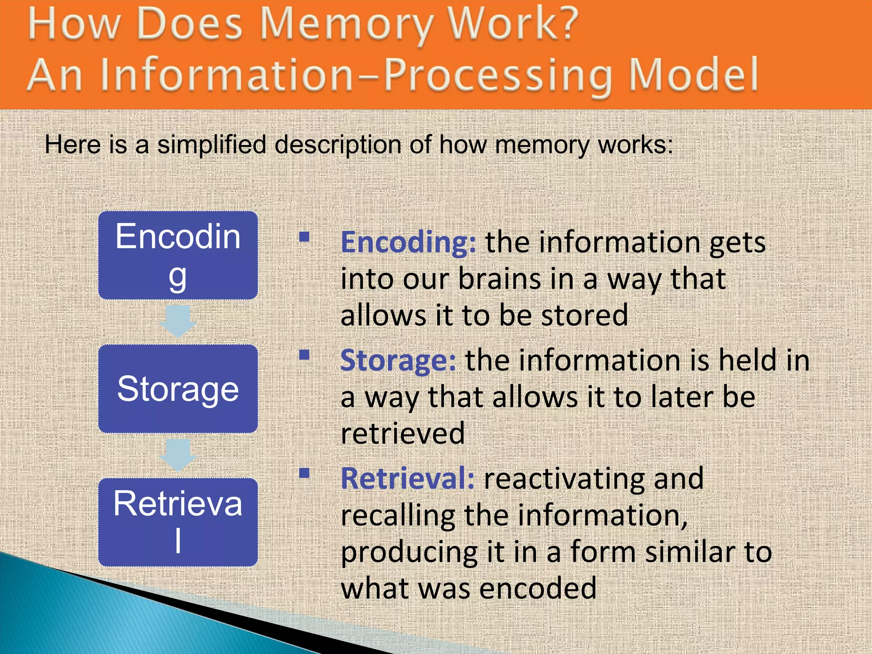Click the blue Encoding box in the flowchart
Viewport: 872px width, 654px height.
click(x=178, y=255)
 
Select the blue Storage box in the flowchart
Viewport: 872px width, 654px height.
click(x=178, y=389)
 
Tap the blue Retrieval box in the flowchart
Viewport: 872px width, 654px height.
click(x=178, y=522)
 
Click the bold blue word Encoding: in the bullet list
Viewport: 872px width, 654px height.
click(x=408, y=243)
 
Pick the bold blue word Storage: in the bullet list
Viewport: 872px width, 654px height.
click(x=398, y=361)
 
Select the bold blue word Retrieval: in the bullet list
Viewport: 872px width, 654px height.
click(x=407, y=479)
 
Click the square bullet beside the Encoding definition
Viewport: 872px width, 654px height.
click(x=304, y=237)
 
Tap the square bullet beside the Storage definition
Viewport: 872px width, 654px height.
click(x=304, y=355)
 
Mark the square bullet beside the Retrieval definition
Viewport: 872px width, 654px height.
click(x=304, y=473)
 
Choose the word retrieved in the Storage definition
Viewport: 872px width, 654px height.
click(x=403, y=433)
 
